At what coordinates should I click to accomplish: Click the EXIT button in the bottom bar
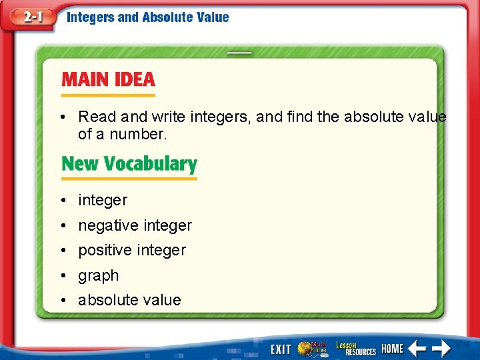coord(281,349)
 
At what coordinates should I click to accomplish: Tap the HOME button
coord(392,349)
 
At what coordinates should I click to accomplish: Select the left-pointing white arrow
coord(417,348)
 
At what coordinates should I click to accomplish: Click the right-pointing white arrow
coord(441,348)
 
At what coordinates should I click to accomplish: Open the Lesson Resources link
coord(355,348)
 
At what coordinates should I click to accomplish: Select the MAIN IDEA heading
coord(108,80)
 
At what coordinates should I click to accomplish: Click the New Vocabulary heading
coord(129,164)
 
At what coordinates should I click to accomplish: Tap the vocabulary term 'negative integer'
coord(135,225)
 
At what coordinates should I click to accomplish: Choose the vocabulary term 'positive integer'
coord(132,250)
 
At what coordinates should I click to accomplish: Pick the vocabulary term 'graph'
coord(98,275)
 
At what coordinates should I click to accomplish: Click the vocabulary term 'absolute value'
coord(129,300)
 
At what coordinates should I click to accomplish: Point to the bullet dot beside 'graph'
coord(61,275)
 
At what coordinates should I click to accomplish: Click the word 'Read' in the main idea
coord(97,117)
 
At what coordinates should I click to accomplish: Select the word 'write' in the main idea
coord(168,117)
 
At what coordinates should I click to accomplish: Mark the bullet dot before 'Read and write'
coord(61,117)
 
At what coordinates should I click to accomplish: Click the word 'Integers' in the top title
coord(90,17)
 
